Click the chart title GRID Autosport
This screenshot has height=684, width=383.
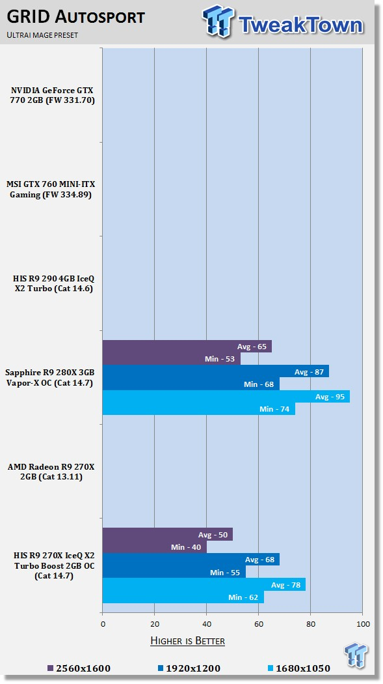pos(75,17)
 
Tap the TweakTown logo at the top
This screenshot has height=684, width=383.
pos(283,21)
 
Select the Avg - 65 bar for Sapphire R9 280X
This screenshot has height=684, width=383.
pos(187,347)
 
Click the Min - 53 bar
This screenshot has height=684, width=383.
pos(172,359)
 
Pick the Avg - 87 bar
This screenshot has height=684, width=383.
pos(216,372)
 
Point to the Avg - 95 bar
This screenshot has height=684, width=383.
pos(226,397)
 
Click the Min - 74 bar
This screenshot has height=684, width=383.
pos(199,409)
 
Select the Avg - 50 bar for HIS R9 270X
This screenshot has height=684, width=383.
pos(168,534)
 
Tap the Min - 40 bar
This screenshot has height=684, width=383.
pos(155,547)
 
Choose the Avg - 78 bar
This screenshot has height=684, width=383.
pos(204,584)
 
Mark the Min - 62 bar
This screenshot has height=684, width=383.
pos(183,597)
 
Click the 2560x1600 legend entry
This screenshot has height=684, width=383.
pos(79,668)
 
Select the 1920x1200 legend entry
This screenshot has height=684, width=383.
pos(189,668)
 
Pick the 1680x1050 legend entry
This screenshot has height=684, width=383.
pos(299,668)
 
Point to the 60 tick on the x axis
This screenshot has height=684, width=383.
pos(259,624)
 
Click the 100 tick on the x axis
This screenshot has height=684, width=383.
pos(363,624)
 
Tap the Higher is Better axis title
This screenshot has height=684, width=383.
pos(187,641)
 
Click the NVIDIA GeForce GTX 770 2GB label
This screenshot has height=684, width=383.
pos(52,96)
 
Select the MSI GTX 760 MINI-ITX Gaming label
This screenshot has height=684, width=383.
pos(51,190)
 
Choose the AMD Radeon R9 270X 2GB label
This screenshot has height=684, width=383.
pos(51,472)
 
